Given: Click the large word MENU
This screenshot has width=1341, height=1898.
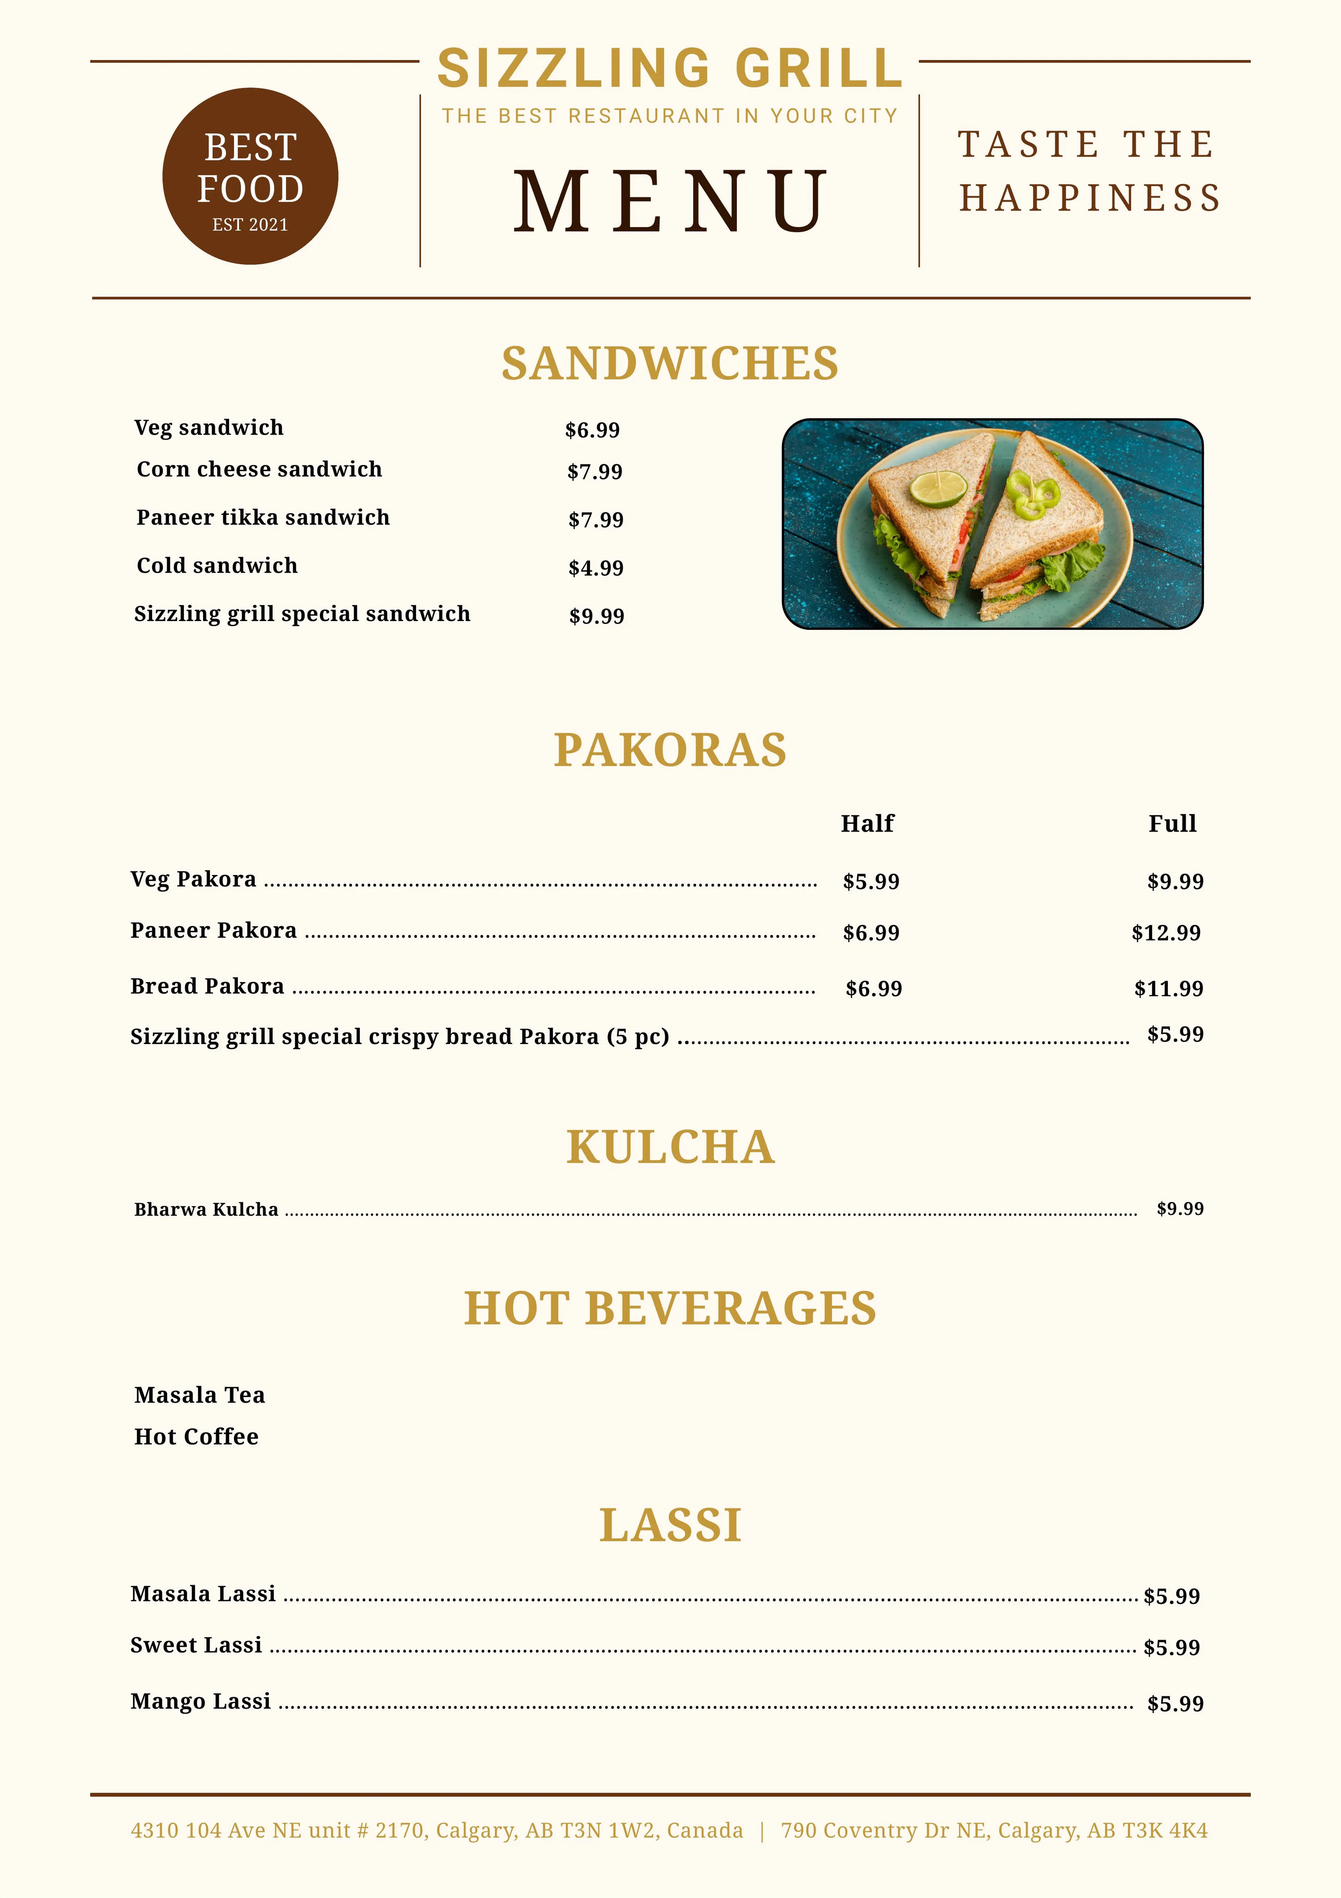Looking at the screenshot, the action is tap(670, 201).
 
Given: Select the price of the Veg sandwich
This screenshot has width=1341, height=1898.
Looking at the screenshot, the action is tap(592, 430).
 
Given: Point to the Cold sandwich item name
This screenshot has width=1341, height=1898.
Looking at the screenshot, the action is tap(217, 565).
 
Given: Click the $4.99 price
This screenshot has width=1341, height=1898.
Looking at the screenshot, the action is tap(595, 568).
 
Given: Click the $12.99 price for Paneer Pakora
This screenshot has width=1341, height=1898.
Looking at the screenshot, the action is tap(1166, 932).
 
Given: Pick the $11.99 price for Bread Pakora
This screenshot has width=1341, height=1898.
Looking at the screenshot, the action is tap(1168, 989).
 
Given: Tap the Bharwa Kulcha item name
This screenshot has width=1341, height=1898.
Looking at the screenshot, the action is tap(206, 1210).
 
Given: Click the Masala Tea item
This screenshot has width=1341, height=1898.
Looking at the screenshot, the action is tap(199, 1396).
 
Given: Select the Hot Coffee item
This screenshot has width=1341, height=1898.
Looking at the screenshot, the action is tap(196, 1437).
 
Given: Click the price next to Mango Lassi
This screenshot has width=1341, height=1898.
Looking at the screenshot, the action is tap(1175, 1704).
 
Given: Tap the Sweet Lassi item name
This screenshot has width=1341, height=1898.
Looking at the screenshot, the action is tap(196, 1645).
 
